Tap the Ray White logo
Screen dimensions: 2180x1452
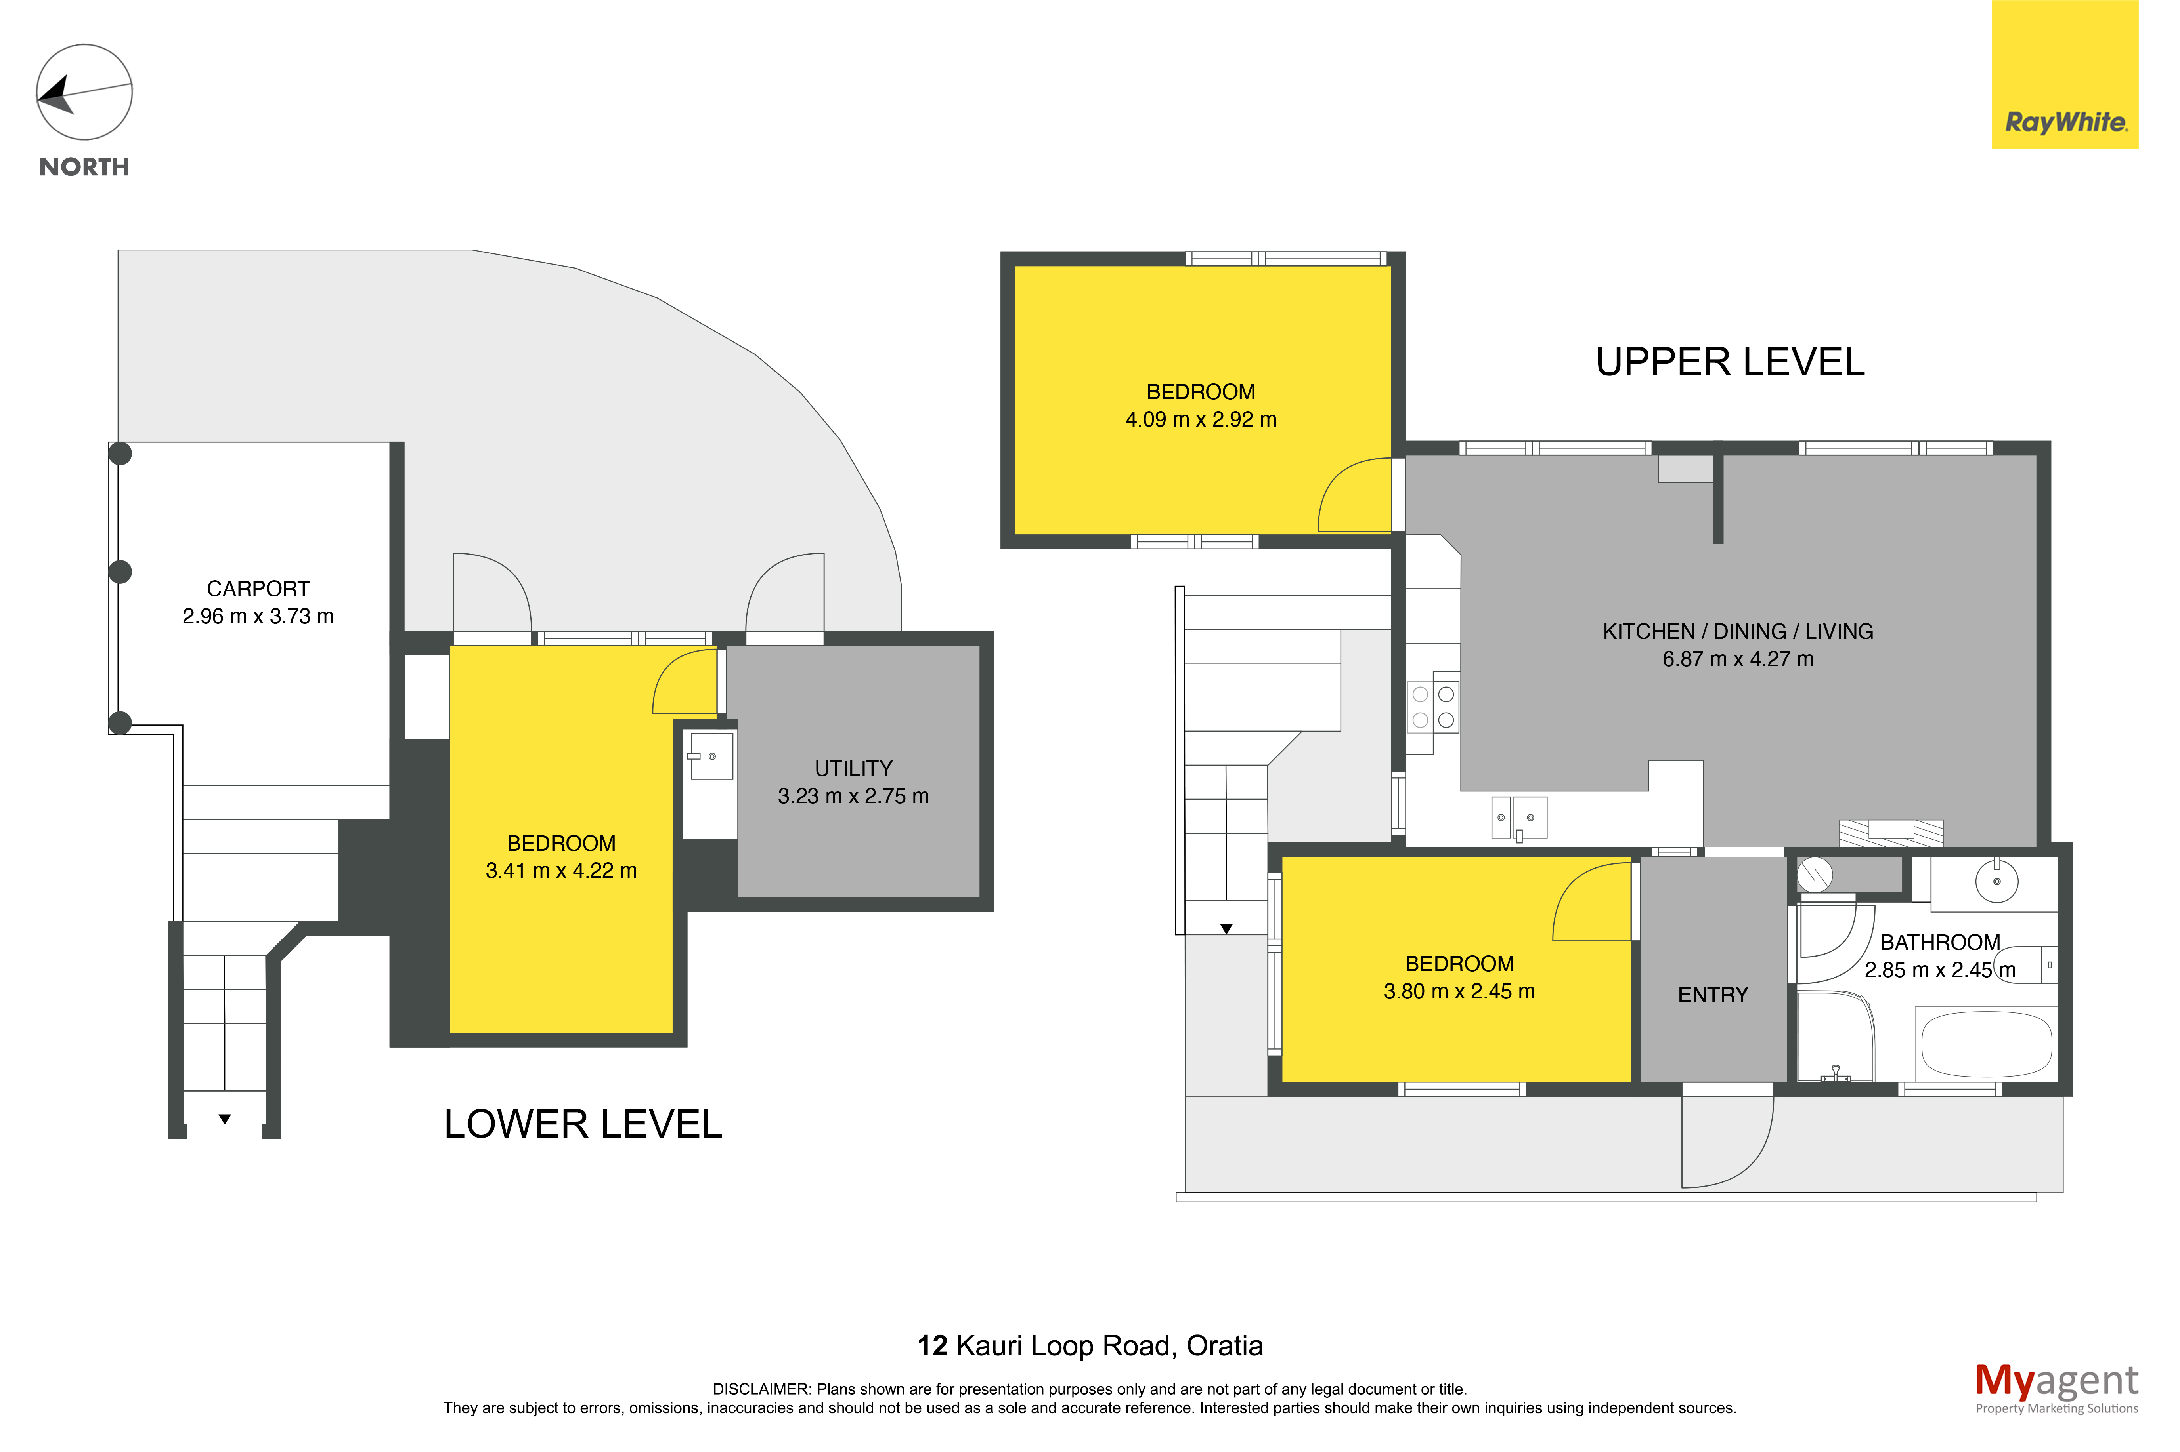click(x=2064, y=75)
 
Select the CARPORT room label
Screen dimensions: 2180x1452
click(x=258, y=589)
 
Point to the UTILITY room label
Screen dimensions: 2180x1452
click(x=853, y=769)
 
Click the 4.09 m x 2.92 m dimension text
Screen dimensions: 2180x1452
click(x=1201, y=419)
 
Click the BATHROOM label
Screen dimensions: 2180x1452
click(x=1940, y=943)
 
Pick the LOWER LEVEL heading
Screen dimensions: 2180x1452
click(x=583, y=1124)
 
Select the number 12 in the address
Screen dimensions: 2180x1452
click(x=932, y=1345)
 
